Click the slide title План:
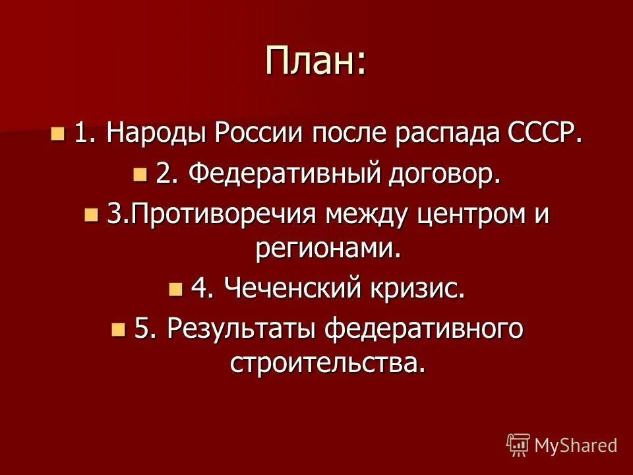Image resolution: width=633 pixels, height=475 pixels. click(316, 61)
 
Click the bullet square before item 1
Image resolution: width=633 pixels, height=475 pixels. click(59, 135)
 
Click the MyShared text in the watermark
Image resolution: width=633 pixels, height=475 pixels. click(576, 445)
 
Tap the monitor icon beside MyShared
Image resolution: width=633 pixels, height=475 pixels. click(518, 445)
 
